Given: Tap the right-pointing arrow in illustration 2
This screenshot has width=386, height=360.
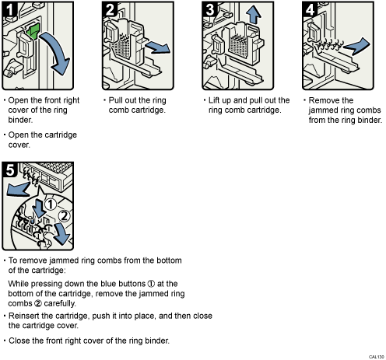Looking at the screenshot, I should (x=158, y=47).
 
